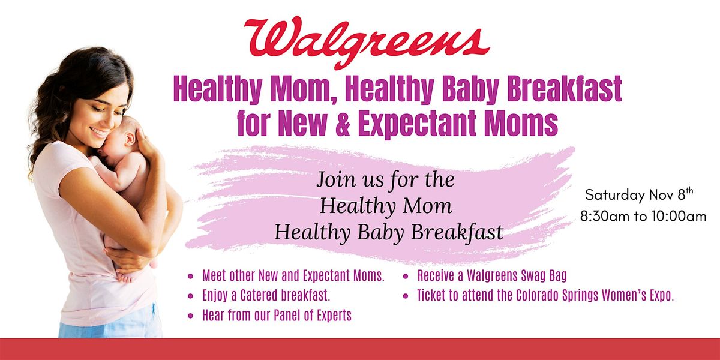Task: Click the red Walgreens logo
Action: pyautogui.click(x=367, y=42)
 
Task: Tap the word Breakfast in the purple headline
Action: pyautogui.click(x=565, y=89)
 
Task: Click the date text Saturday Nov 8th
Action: pyautogui.click(x=639, y=194)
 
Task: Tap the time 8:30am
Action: pyautogui.click(x=605, y=217)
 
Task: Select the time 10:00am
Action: pyautogui.click(x=679, y=217)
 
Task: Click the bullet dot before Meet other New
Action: pyautogui.click(x=191, y=276)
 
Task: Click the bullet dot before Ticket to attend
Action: pyautogui.click(x=406, y=296)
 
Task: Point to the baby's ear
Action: pyautogui.click(x=130, y=139)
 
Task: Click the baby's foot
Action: pyautogui.click(x=127, y=277)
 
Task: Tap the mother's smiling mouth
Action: pyautogui.click(x=98, y=131)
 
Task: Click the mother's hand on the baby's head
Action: pyautogui.click(x=145, y=142)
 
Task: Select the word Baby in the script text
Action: pyautogui.click(x=380, y=233)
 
